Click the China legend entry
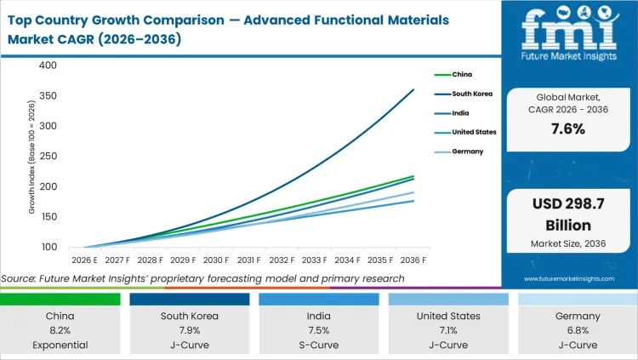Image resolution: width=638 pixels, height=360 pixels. (464, 74)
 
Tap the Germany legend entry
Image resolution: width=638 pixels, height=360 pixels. (469, 151)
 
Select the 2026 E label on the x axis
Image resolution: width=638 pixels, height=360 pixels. (86, 260)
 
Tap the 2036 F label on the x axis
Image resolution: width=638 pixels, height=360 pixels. (413, 260)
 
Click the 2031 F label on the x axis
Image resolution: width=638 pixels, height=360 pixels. (250, 260)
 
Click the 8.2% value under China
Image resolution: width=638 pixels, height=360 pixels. (61, 331)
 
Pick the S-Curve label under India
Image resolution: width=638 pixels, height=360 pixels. (319, 346)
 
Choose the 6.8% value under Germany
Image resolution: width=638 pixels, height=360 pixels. (578, 331)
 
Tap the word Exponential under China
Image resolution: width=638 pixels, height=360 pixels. (61, 346)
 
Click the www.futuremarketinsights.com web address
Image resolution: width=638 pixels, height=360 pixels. (569, 278)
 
